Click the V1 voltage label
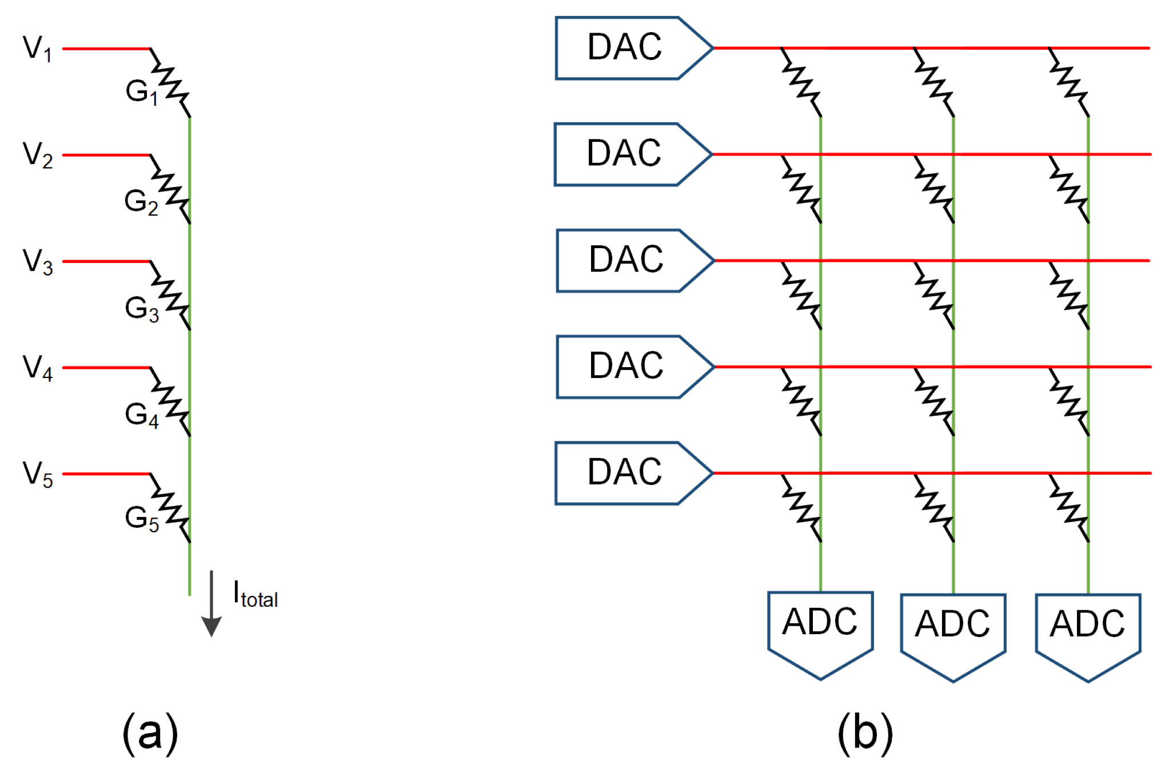[37, 49]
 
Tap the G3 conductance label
[141, 309]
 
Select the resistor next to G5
[170, 508]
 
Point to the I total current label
[255, 595]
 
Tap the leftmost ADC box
[820, 629]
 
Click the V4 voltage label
[37, 367]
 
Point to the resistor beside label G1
[170, 83]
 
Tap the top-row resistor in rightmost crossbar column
[1068, 82]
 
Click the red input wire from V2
[106, 155]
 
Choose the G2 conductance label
[141, 202]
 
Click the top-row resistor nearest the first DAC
[801, 82]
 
